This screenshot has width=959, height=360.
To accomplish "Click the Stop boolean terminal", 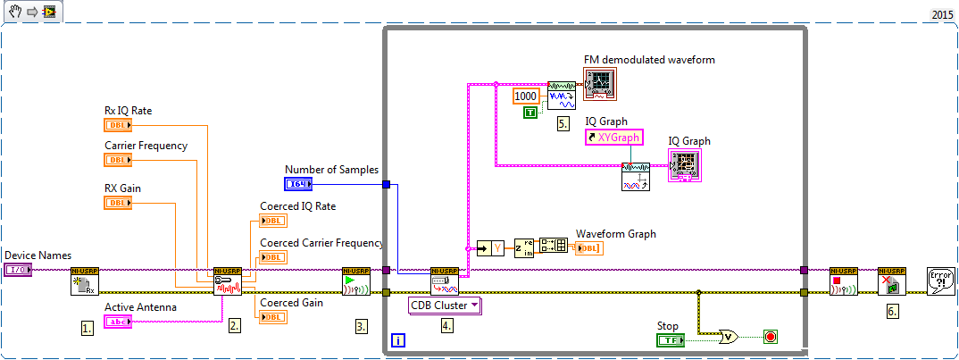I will click(x=670, y=339).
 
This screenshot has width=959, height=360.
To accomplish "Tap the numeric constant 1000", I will click(x=527, y=95).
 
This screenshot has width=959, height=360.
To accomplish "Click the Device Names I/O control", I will click(x=17, y=269).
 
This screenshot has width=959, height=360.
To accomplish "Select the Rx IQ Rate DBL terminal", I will click(x=118, y=125).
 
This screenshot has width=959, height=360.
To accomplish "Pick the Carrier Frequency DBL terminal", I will click(x=118, y=160).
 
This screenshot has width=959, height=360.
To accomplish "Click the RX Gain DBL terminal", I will click(x=118, y=203).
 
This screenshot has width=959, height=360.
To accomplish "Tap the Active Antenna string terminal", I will click(x=118, y=322).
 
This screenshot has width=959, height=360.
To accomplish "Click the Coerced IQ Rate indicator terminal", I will click(x=272, y=222).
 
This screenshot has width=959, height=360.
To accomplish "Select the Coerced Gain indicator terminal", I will click(x=272, y=316).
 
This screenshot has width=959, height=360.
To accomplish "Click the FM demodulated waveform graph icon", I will click(x=601, y=84).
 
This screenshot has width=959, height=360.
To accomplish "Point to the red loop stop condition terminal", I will click(x=770, y=338).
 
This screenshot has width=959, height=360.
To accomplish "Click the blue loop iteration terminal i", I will click(x=398, y=340).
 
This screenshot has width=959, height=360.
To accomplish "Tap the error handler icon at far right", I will click(x=939, y=281).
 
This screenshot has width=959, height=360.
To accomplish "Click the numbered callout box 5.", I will click(x=563, y=124).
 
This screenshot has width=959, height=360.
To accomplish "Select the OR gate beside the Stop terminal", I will click(x=730, y=337).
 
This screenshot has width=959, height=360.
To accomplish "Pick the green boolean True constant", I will click(x=530, y=112).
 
